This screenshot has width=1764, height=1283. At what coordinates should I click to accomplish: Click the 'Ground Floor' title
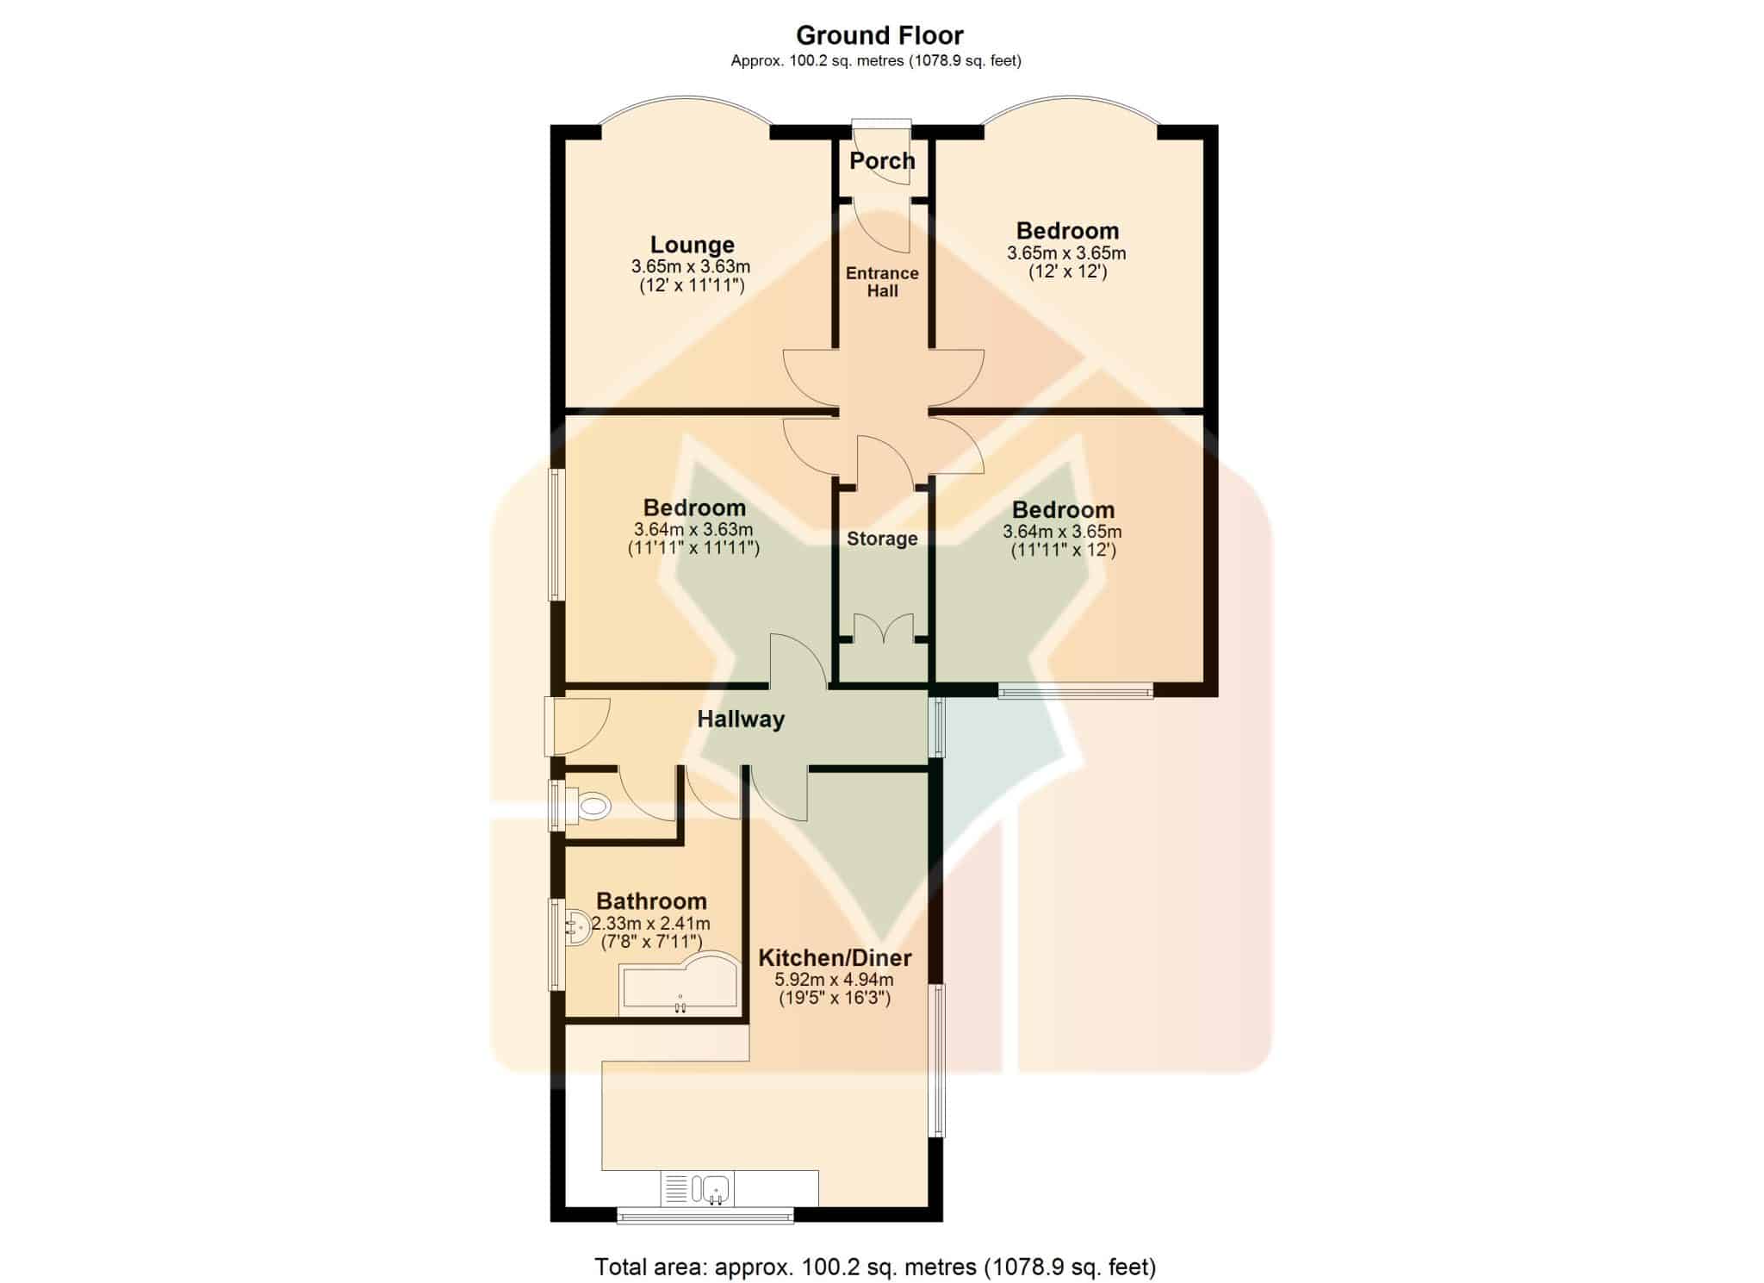tap(879, 35)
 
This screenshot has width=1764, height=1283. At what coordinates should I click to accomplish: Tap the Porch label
tap(882, 160)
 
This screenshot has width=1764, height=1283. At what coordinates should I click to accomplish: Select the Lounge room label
tap(692, 246)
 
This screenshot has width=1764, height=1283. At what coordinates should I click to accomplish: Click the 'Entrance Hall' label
tap(882, 282)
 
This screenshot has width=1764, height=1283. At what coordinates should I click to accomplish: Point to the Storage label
tap(882, 539)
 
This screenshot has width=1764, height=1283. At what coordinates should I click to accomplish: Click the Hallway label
tap(741, 719)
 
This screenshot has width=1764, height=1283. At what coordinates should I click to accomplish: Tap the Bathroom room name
tap(651, 901)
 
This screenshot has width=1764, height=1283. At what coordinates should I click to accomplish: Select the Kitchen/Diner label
tap(835, 957)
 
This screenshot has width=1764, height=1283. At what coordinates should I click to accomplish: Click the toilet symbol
tap(585, 807)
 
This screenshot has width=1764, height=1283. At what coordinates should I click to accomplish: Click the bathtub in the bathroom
tap(680, 983)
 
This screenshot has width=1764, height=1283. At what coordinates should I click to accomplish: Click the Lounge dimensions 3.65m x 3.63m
tap(691, 267)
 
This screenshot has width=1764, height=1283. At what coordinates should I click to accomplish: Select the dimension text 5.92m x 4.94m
tap(834, 980)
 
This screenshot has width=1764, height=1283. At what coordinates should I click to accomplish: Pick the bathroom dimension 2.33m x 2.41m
tap(651, 924)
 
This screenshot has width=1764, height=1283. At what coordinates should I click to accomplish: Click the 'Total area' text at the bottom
tap(875, 1267)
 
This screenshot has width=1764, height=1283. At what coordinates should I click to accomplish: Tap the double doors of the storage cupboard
tap(883, 628)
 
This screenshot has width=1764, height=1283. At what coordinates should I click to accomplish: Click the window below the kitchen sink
tap(705, 1217)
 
